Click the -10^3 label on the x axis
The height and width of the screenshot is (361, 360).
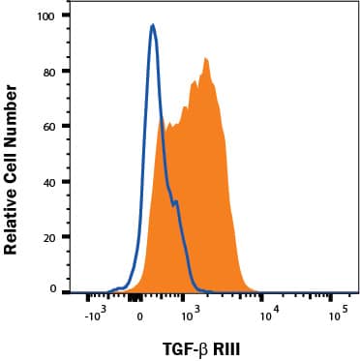pyautogui.click(x=94, y=315)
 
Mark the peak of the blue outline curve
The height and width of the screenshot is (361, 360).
pyautogui.click(x=153, y=26)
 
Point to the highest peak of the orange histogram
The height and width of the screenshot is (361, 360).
pyautogui.click(x=205, y=59)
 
